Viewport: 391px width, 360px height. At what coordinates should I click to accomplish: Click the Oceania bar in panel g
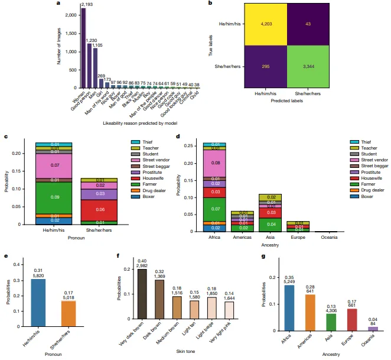tap(373, 329)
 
